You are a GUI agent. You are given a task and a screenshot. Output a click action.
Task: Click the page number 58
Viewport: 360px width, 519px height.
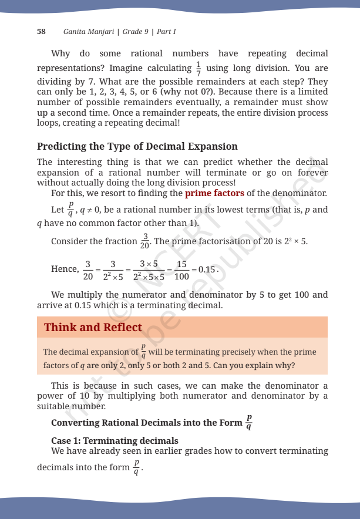42,31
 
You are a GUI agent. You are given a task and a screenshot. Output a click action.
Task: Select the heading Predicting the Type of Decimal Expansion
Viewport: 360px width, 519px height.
137,146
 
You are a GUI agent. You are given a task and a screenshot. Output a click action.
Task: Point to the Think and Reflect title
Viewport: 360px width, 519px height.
93,327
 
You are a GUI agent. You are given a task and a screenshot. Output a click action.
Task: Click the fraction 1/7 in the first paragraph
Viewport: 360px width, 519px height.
198,68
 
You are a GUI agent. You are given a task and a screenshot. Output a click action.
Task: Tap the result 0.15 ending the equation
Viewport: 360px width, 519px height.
208,269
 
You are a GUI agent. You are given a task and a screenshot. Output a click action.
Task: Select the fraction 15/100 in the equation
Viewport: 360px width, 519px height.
182,269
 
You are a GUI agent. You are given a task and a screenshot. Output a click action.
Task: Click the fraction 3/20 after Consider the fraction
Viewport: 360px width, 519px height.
144,241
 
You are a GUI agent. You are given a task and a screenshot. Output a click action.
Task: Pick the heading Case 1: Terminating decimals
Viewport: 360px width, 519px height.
115,440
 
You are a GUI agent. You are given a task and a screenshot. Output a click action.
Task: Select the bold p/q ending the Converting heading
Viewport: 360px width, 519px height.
250,423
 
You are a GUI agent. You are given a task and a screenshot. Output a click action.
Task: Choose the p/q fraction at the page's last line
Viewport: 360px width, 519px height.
137,468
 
